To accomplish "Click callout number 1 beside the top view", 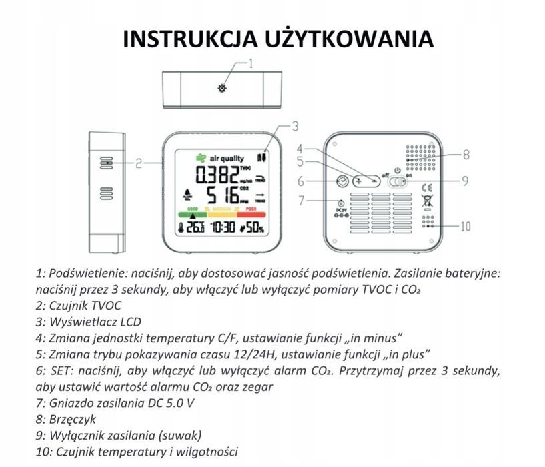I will tap(251, 64).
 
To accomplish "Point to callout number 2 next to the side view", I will tap(139, 162).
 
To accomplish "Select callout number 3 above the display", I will tap(294, 125).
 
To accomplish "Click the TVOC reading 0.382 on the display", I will tap(216, 176).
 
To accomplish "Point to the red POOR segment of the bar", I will tap(251, 215).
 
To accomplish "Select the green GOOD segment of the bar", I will tap(191, 215).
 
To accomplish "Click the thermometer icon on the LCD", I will tap(181, 229).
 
